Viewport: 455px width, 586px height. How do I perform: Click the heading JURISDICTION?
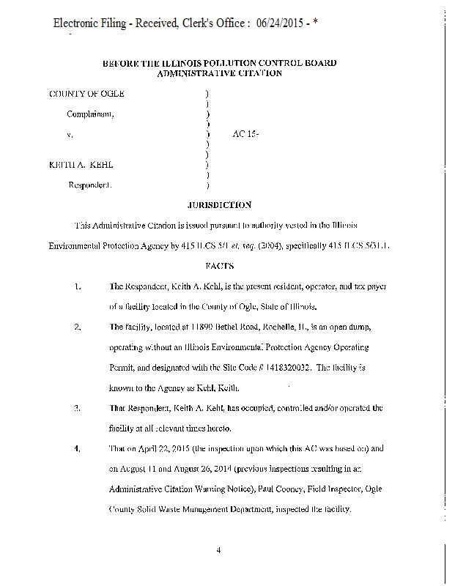(x=219, y=206)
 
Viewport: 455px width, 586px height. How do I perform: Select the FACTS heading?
(x=219, y=266)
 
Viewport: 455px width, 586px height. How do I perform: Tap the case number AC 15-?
(x=246, y=135)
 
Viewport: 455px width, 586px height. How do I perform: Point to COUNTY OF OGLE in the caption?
(x=86, y=94)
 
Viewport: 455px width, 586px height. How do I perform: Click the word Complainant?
(x=90, y=114)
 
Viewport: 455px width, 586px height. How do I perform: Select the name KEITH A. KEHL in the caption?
(x=81, y=165)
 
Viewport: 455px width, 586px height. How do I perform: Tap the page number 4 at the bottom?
(x=218, y=551)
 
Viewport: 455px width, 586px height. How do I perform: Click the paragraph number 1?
(x=78, y=286)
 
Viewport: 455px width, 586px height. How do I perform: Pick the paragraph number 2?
(x=78, y=327)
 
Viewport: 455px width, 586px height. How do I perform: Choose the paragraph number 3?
(x=78, y=407)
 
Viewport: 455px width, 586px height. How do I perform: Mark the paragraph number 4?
(x=78, y=448)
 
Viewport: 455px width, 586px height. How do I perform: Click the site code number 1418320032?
(x=294, y=367)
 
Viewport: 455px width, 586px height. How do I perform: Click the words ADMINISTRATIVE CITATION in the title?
(x=219, y=73)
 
